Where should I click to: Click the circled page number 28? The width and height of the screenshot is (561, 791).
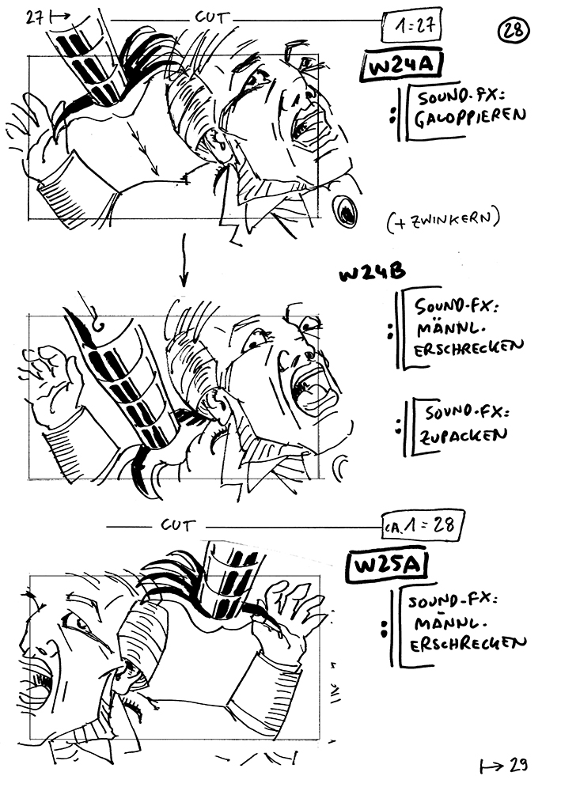(514, 32)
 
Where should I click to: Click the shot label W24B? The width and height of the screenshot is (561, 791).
(373, 273)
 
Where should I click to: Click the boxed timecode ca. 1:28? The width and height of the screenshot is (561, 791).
(423, 526)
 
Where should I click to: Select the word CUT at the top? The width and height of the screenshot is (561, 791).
(211, 17)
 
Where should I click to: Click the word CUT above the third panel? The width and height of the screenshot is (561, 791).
(177, 525)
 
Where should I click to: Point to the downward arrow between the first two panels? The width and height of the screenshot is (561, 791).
(184, 259)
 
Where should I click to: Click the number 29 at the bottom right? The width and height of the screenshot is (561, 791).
(518, 765)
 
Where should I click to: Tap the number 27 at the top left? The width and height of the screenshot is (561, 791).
(36, 18)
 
